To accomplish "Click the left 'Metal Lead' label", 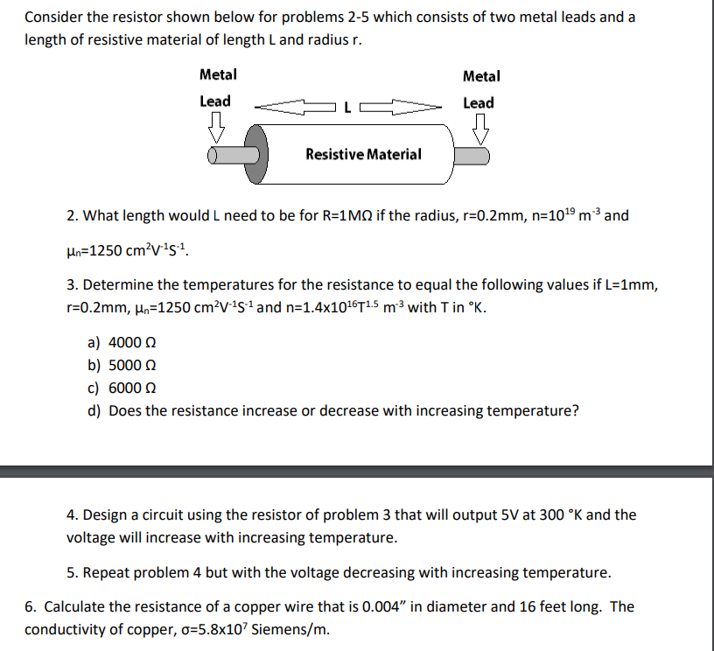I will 216,88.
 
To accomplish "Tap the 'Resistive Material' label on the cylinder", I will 363,155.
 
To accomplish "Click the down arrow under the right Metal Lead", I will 480,129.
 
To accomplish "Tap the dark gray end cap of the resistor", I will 255,155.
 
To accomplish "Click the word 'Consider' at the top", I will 52,17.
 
